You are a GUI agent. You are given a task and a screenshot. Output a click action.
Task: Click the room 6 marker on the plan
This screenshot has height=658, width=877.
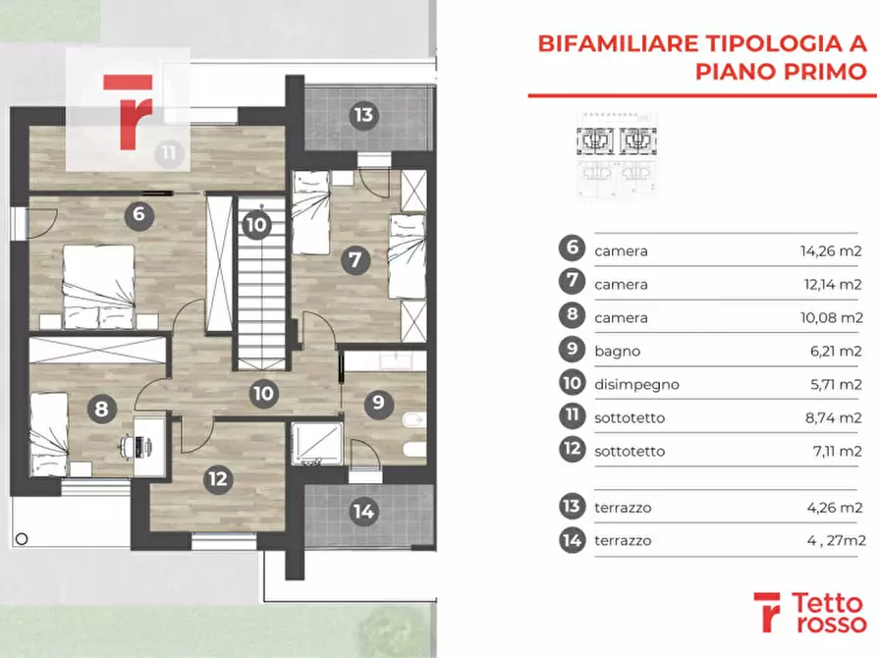[x=138, y=213]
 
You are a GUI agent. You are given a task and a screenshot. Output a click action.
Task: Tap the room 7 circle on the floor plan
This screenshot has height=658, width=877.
[x=356, y=260]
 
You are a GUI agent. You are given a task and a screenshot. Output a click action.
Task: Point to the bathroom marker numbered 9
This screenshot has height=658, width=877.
[x=375, y=402]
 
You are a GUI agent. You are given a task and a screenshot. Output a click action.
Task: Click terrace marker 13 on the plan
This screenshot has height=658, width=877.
[x=363, y=115]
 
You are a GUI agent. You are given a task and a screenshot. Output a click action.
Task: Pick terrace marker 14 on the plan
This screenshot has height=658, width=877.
[x=363, y=511]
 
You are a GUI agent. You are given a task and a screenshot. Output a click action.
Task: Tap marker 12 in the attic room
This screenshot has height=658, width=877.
[x=218, y=479]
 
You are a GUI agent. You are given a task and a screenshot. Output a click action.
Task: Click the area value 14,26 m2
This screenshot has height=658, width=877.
[x=831, y=250]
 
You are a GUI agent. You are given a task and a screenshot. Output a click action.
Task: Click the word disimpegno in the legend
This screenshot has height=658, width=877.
[x=636, y=384]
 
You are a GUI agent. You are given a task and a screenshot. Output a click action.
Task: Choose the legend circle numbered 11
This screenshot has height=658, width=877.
[x=572, y=417]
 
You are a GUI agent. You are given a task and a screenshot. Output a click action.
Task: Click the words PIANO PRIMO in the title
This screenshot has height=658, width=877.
[x=782, y=72]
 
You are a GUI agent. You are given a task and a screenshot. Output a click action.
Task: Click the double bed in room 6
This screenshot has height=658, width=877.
[x=99, y=285]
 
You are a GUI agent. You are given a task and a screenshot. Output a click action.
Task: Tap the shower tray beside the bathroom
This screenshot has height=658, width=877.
[x=317, y=445]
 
